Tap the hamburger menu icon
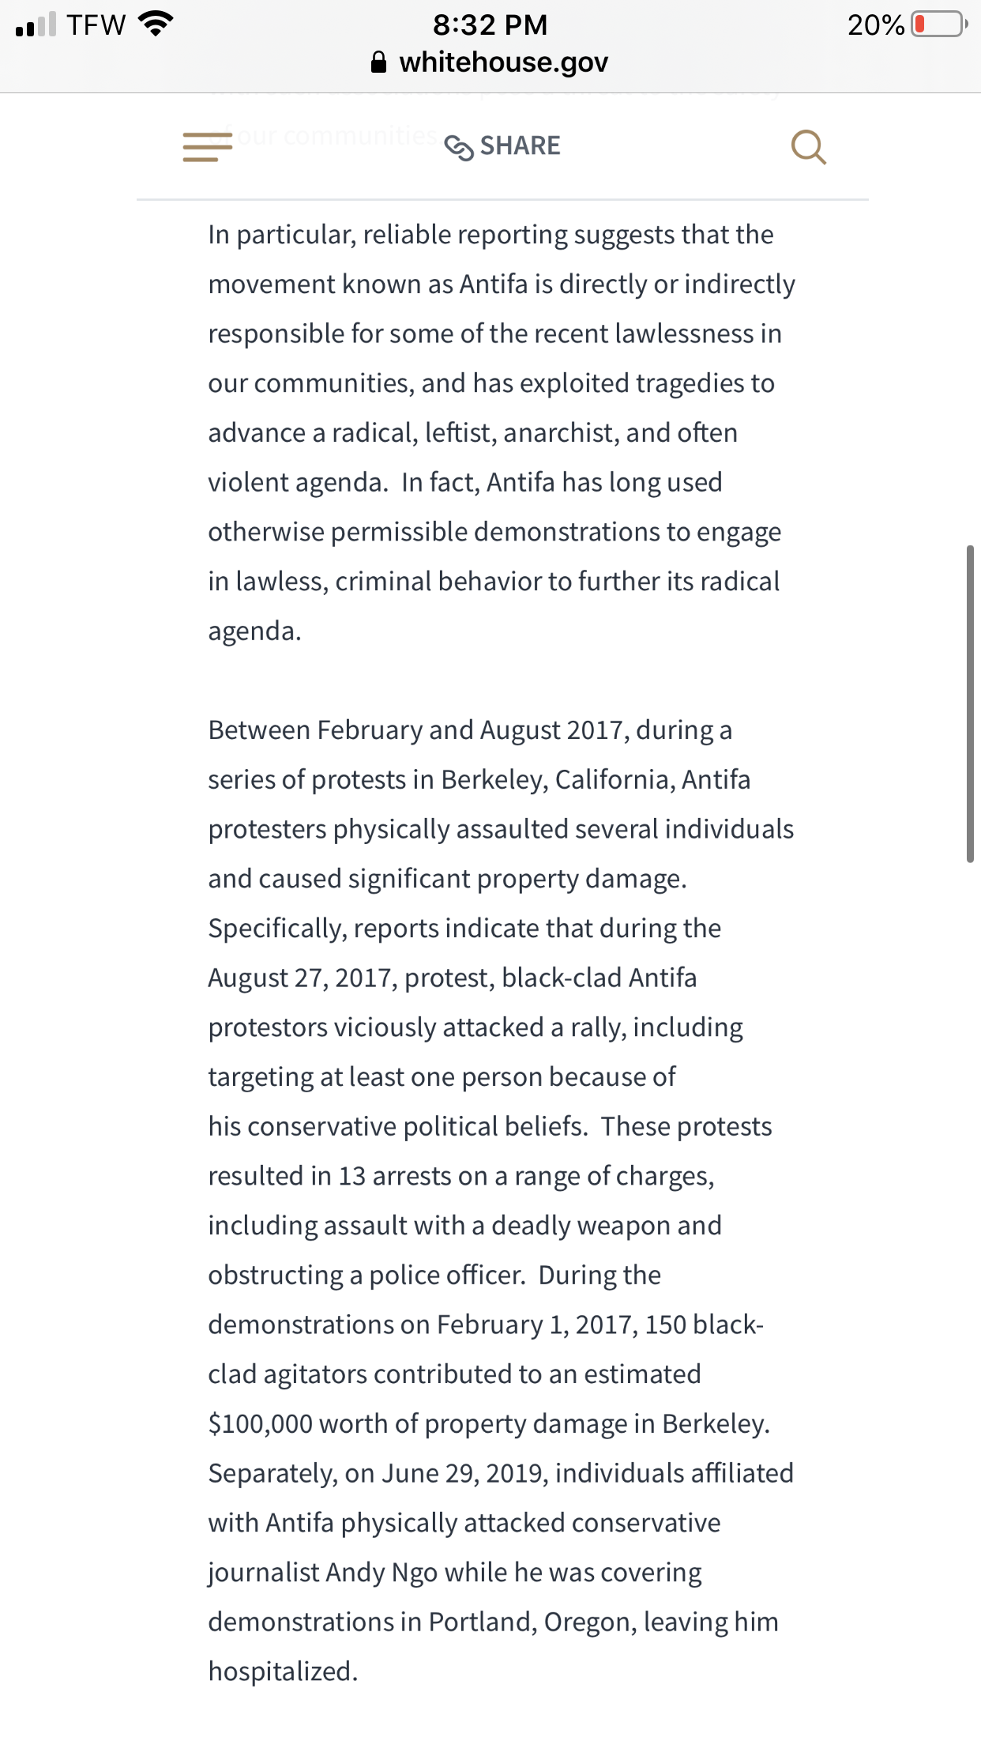pos(207,147)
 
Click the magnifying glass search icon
pos(808,147)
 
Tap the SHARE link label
pos(520,146)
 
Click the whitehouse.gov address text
pos(503,62)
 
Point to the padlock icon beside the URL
pos(379,62)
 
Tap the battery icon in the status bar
pos(938,24)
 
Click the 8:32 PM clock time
pos(490,24)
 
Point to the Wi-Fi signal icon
pos(156,24)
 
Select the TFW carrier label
pos(96,24)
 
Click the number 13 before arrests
pos(351,1176)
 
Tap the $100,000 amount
pos(260,1424)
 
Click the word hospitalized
pos(282,1672)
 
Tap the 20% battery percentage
pos(875,24)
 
